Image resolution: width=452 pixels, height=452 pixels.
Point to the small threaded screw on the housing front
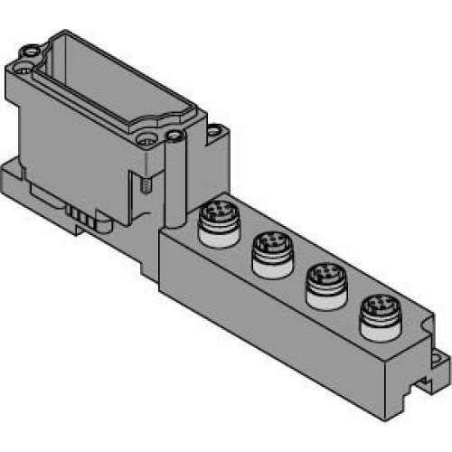tap(146, 187)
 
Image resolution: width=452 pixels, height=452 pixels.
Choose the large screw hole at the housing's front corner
tap(145, 141)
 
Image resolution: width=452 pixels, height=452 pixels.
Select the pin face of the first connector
tap(216, 215)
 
